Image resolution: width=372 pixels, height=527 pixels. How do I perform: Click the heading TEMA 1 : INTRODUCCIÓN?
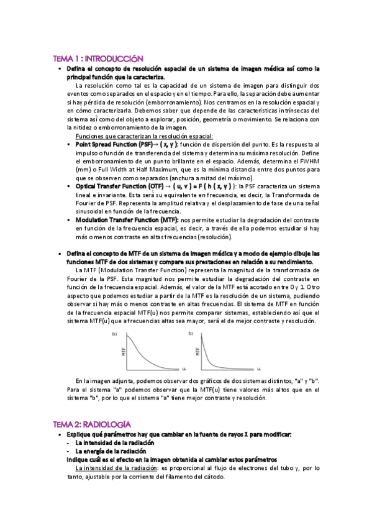98,58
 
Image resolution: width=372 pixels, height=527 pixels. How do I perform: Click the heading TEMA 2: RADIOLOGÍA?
92,423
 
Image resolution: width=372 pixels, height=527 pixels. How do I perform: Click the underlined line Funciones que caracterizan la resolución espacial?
143,135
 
